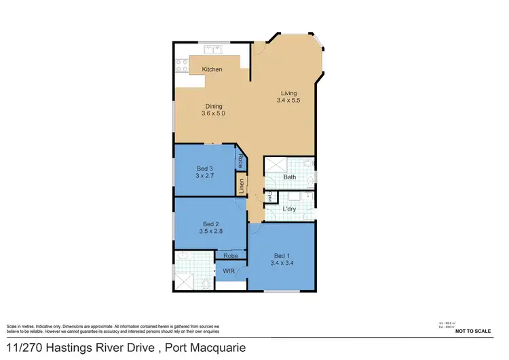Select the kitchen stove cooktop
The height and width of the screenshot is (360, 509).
click(182, 66)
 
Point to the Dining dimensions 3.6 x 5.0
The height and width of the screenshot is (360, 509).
click(212, 113)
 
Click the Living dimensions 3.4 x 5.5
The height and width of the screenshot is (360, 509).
click(288, 100)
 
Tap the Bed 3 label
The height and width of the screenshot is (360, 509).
click(204, 168)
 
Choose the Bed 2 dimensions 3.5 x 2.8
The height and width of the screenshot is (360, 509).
click(212, 231)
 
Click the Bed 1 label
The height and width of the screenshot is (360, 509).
click(282, 255)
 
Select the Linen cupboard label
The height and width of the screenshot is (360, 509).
click(241, 185)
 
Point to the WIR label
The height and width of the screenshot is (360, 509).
click(228, 271)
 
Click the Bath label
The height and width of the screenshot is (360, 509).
click(290, 177)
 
